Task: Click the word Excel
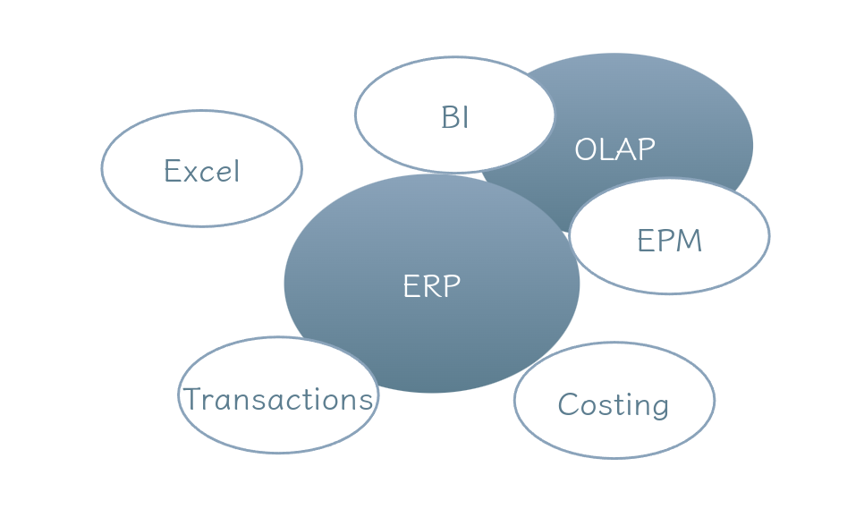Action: pos(201,170)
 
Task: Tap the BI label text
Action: pos(454,117)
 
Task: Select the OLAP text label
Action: pos(614,148)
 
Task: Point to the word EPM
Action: pos(669,241)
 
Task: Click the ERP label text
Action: pos(431,285)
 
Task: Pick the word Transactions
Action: pos(277,399)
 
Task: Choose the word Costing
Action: pos(613,404)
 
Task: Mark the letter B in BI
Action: pos(449,117)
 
